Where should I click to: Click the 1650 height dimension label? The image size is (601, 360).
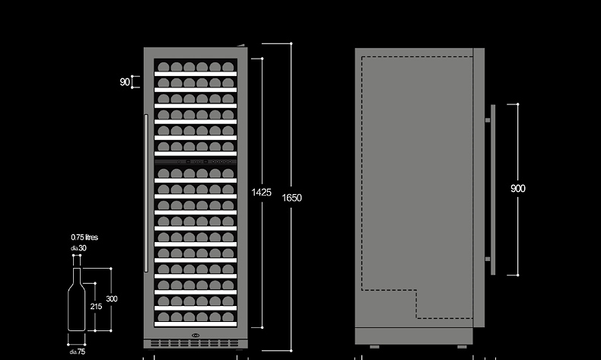click(x=292, y=198)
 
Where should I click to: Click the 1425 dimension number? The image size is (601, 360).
click(x=261, y=193)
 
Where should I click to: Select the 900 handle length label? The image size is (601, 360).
click(x=518, y=189)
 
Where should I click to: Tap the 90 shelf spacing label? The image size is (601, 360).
click(x=124, y=82)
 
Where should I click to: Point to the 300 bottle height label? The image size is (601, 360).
click(x=112, y=299)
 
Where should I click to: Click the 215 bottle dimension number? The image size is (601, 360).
click(x=96, y=306)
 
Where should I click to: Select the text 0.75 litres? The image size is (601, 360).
click(x=84, y=237)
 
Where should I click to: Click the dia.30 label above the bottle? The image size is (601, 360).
click(x=79, y=248)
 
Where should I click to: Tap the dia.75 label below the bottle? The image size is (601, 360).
click(x=78, y=352)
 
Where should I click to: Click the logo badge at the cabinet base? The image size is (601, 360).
click(x=196, y=334)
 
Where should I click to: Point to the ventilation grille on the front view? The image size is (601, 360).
click(x=196, y=343)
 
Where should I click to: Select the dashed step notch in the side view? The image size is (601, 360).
click(x=417, y=303)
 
